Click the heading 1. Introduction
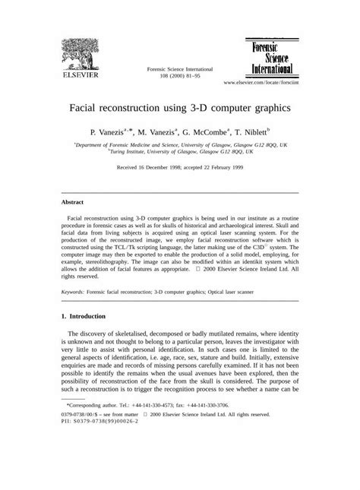pos(89,316)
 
